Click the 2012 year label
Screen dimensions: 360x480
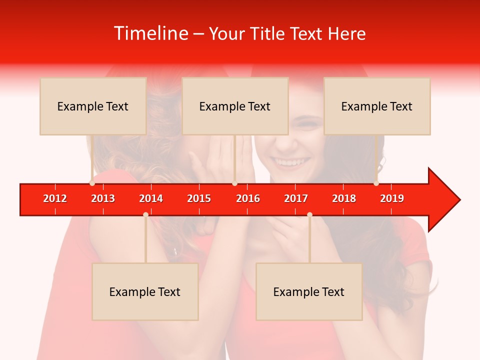coord(55,198)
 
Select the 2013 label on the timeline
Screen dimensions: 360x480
coord(103,198)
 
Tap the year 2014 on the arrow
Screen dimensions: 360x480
coord(151,198)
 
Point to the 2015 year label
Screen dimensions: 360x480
coord(199,198)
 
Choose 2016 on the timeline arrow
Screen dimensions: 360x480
coord(248,198)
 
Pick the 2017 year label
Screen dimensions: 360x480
coord(296,198)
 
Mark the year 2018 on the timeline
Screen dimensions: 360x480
coord(344,198)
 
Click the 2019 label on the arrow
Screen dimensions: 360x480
coord(392,198)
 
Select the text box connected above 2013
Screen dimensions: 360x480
coord(93,106)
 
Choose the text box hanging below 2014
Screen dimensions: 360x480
coord(145,292)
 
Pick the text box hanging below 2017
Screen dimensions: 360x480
coord(309,292)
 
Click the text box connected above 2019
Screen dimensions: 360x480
coord(377,106)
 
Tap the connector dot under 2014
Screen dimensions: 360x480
coord(145,214)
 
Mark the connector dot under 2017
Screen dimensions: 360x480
coord(309,214)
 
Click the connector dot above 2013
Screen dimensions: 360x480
coord(92,183)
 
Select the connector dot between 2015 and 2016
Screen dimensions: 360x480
coord(234,183)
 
